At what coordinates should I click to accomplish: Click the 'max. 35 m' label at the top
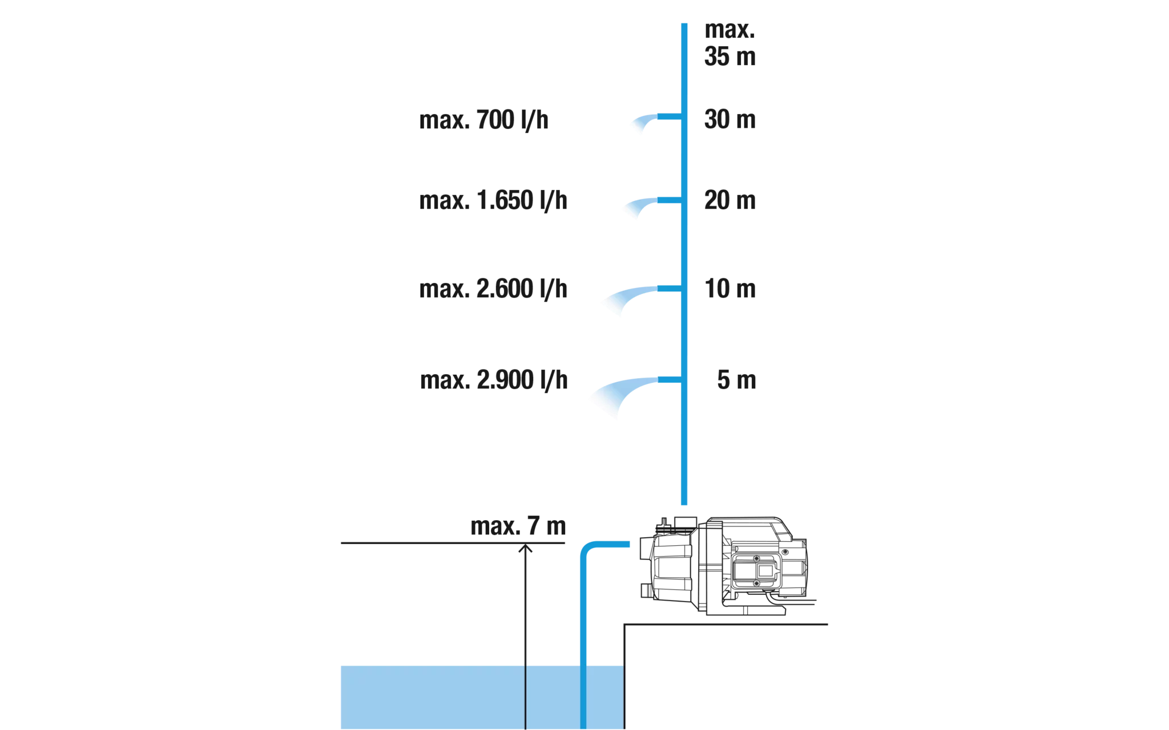(x=729, y=43)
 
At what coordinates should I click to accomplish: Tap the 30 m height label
(x=729, y=119)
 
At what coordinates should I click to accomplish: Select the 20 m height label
(x=729, y=200)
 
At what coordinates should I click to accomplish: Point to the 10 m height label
(x=729, y=289)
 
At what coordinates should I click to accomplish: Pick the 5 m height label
(x=736, y=380)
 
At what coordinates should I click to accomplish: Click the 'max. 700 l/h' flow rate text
(x=483, y=120)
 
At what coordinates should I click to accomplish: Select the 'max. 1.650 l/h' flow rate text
(x=493, y=201)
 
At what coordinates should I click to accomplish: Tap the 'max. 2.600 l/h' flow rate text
(x=493, y=289)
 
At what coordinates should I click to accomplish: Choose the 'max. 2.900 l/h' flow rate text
(x=494, y=380)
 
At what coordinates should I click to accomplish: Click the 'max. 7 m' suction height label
(x=518, y=526)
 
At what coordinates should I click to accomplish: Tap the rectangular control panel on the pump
(x=756, y=570)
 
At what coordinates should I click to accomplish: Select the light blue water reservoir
(x=482, y=697)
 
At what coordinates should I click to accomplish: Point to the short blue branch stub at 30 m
(x=669, y=117)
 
